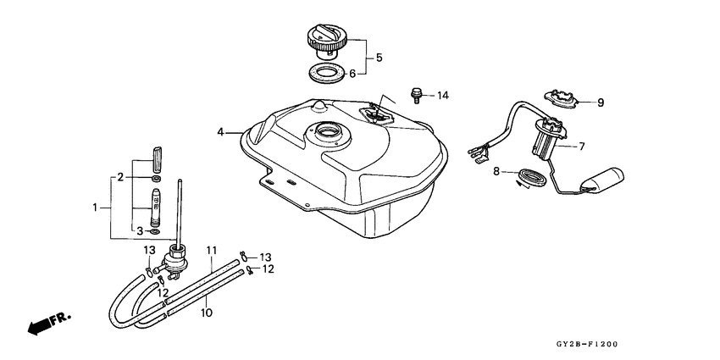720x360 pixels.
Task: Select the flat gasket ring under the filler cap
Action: pyautogui.click(x=328, y=73)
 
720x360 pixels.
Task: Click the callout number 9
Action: pyautogui.click(x=601, y=102)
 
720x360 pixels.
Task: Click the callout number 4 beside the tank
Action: pyautogui.click(x=220, y=132)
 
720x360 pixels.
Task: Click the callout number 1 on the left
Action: pyautogui.click(x=96, y=207)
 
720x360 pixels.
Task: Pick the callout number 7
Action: pyautogui.click(x=582, y=146)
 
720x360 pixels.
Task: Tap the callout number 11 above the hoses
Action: pyautogui.click(x=212, y=252)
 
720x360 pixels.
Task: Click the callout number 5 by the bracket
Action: pyautogui.click(x=379, y=58)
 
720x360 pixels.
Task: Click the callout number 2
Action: pyautogui.click(x=121, y=177)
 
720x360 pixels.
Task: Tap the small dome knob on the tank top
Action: pyautogui.click(x=319, y=106)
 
